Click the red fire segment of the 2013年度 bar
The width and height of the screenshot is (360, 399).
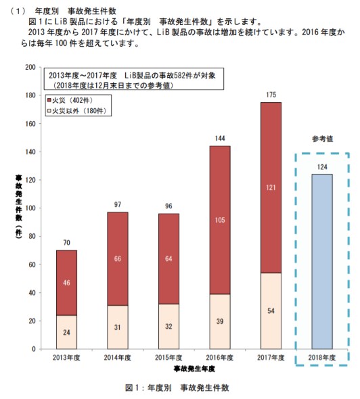click(66, 283)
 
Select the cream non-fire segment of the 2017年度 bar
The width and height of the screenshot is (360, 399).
click(271, 310)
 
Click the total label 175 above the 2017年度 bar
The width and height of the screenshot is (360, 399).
click(271, 95)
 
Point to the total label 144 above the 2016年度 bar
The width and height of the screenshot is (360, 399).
click(220, 139)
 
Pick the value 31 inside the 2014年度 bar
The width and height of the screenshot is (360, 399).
click(117, 327)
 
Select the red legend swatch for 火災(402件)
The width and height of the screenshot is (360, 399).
click(49, 99)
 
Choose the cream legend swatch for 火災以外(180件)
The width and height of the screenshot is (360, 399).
click(49, 110)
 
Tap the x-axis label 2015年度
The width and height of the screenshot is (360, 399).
click(168, 357)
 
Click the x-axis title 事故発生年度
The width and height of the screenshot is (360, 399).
click(195, 369)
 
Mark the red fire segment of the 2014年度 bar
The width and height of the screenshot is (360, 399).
click(117, 258)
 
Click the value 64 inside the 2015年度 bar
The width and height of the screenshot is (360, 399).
click(168, 258)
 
